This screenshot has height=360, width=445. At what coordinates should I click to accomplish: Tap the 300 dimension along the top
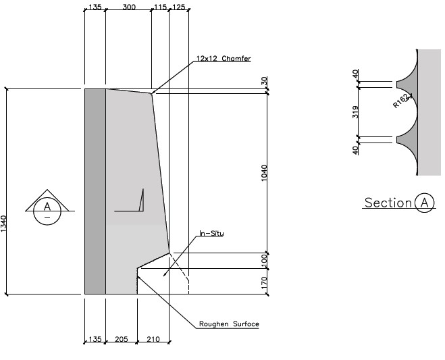coord(128,7)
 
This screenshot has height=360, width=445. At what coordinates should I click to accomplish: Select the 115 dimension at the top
coord(160,7)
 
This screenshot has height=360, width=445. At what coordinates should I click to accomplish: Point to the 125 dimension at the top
coord(178,7)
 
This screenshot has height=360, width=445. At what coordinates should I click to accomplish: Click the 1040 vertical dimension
coord(265,172)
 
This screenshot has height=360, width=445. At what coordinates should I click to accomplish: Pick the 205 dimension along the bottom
coord(121,340)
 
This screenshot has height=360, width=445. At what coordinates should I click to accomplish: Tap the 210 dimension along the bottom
coord(153,340)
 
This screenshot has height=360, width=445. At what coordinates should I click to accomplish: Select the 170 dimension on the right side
coord(265,282)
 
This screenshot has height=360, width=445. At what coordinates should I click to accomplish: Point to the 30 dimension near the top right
coord(265,80)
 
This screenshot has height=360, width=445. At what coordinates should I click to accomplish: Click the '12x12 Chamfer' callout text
coord(224,59)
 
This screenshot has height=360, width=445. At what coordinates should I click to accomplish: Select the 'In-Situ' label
coord(211,234)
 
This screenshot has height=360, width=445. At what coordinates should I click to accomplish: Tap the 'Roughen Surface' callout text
coord(229,324)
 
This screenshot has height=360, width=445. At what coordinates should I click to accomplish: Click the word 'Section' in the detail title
coord(388,203)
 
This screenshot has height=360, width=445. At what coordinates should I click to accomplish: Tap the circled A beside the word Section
coord(425,203)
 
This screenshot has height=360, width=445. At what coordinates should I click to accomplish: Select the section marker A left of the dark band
coord(47,206)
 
